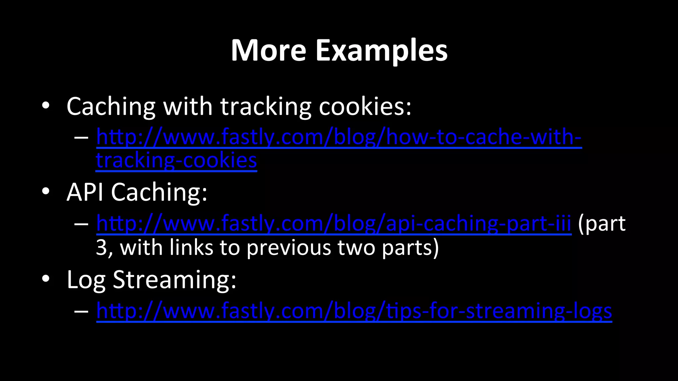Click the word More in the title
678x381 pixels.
pos(268,50)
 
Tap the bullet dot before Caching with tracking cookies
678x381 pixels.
pos(46,106)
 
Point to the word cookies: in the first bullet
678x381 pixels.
pos(365,106)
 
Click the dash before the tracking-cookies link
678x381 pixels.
pos(81,137)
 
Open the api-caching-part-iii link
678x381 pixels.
pos(334,224)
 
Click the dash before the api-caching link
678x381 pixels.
pos(81,224)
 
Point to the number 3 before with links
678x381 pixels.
pos(101,247)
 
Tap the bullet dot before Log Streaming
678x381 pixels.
pos(46,278)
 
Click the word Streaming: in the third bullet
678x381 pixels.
pos(174,280)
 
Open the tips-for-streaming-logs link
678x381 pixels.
pos(354,311)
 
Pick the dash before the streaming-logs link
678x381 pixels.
pos(81,311)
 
